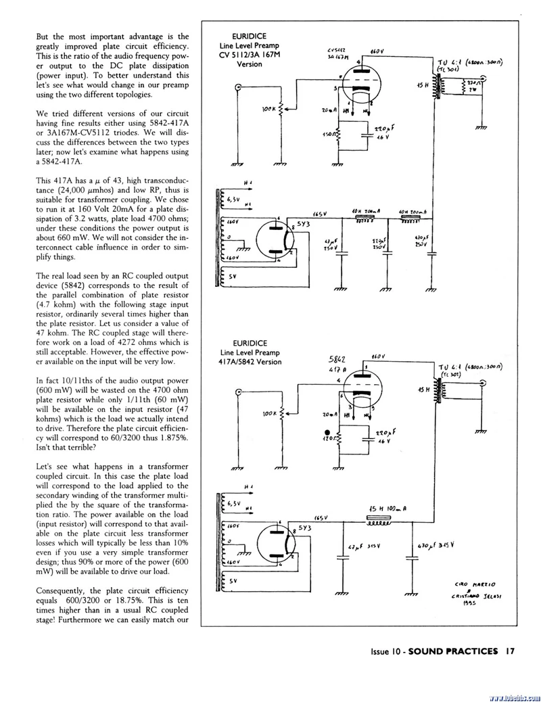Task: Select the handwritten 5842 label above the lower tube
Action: coord(337,359)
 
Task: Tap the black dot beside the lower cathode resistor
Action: coord(327,431)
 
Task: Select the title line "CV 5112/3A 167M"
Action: coord(250,55)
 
